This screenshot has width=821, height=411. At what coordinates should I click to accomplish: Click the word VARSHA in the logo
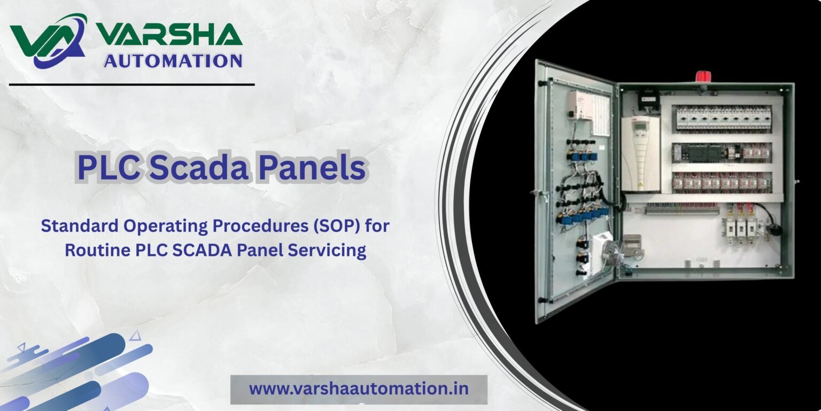[x=169, y=34]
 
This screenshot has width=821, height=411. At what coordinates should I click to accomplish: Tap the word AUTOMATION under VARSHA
[x=173, y=61]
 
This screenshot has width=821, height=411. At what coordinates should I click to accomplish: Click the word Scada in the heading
[x=199, y=168]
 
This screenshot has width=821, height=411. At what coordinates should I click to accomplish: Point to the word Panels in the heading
[x=312, y=168]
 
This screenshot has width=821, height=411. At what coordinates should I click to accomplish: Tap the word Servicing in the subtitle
[x=327, y=250]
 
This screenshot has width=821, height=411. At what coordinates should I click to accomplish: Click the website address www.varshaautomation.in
[x=359, y=389]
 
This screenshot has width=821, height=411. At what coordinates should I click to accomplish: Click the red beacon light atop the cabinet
[x=703, y=77]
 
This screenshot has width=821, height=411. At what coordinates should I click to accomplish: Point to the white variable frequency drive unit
[x=640, y=154]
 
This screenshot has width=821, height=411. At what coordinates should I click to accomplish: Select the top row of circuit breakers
[x=724, y=117]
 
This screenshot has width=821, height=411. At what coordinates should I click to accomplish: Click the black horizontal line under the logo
[x=132, y=85]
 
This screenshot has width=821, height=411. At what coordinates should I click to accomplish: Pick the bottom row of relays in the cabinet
[x=722, y=182]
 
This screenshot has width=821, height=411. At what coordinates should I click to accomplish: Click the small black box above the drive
[x=649, y=99]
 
